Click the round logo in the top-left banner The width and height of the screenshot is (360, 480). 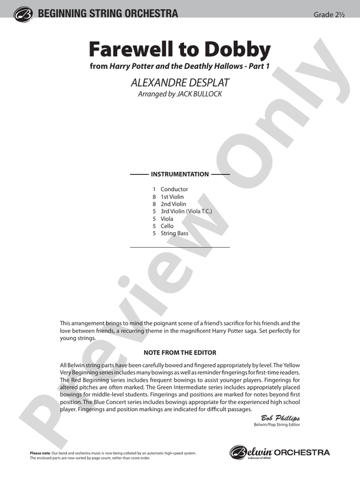pos(24,14)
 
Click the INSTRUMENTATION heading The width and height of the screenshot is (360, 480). pos(179,174)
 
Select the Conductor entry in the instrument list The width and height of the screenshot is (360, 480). pos(174,189)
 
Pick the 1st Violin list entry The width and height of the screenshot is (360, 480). pos(172,196)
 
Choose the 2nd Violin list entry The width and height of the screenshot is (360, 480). pos(173,204)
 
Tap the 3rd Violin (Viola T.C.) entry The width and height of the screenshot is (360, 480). pos(186,211)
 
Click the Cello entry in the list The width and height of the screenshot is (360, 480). pos(167,226)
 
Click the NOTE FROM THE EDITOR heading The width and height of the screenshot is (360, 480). pos(179,352)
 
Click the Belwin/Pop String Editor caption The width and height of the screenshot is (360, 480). pos(276,425)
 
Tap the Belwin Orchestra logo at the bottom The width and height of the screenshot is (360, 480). pos(279,452)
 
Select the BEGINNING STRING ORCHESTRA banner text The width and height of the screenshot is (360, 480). pos(107,13)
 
